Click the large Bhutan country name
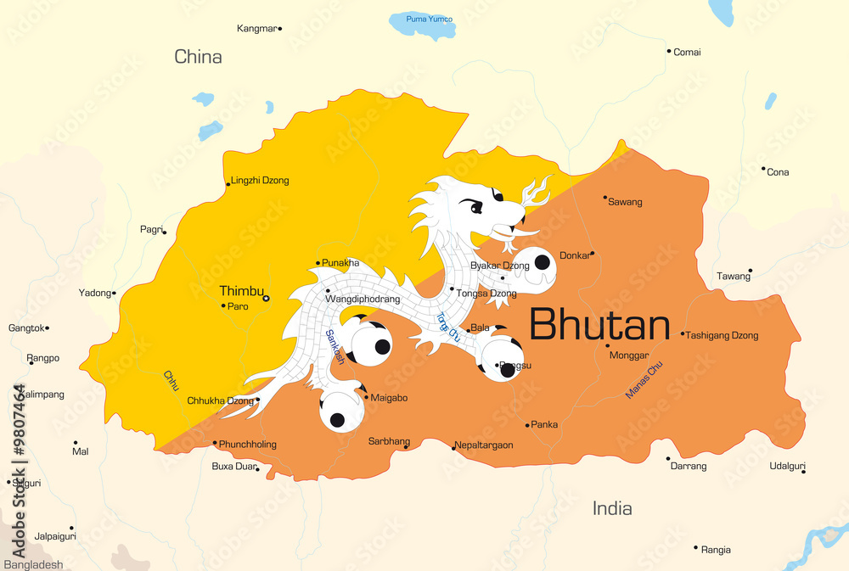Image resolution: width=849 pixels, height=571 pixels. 599,325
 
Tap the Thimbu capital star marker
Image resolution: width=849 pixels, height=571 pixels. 266,298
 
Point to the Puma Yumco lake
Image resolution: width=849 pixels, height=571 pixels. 422,25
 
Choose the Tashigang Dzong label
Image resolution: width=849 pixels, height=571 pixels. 722,335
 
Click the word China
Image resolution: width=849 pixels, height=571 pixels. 198,57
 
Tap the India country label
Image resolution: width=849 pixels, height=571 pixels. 612,508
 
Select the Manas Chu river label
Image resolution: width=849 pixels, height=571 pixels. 644,380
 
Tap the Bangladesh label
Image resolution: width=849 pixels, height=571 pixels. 33,564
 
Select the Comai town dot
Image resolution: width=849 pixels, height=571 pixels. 669,51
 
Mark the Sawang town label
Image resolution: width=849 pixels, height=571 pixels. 626,202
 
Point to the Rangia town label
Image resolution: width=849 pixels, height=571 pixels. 716,550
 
